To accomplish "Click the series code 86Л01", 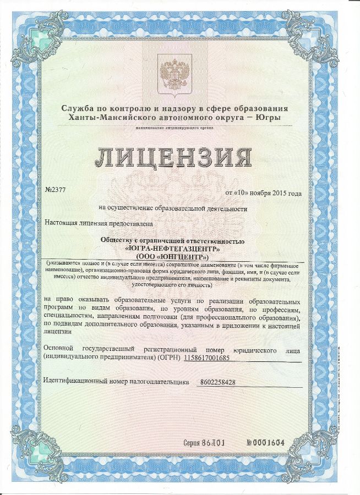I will coord(214,443).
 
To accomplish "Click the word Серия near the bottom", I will coord(193,443).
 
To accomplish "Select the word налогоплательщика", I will coord(160,381).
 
